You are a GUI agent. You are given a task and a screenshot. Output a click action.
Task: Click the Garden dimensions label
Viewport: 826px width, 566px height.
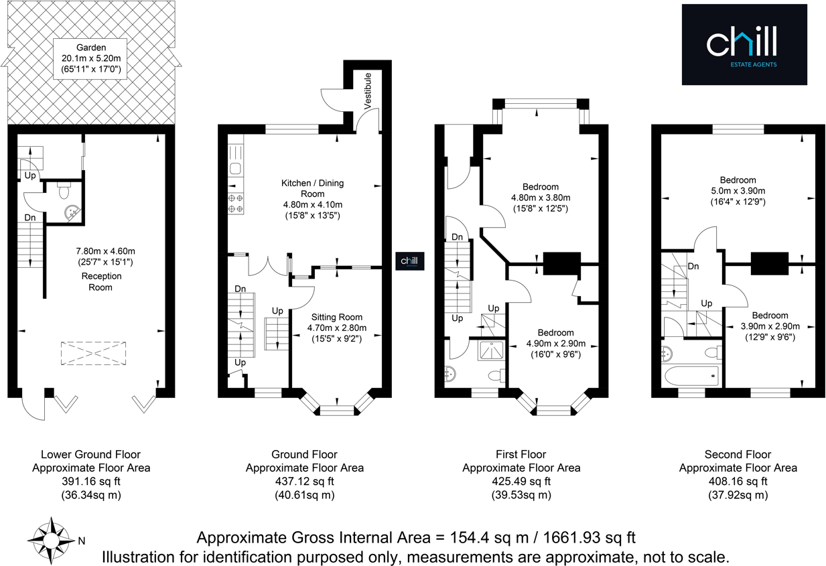91,58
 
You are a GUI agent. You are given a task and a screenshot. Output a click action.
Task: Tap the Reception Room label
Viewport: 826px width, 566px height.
97,281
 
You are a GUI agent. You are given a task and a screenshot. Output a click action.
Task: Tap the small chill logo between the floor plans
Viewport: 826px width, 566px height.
408,261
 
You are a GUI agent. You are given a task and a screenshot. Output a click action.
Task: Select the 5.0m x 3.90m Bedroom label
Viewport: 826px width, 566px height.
738,191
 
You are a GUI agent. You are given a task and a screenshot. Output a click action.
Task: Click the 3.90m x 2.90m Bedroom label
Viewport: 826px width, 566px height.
769,326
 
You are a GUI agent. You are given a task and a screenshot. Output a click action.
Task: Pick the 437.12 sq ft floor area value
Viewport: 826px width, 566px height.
304,481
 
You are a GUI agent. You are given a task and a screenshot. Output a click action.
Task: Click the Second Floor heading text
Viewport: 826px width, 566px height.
738,454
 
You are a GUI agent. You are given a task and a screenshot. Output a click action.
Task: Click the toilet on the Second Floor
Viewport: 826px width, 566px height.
712,352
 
